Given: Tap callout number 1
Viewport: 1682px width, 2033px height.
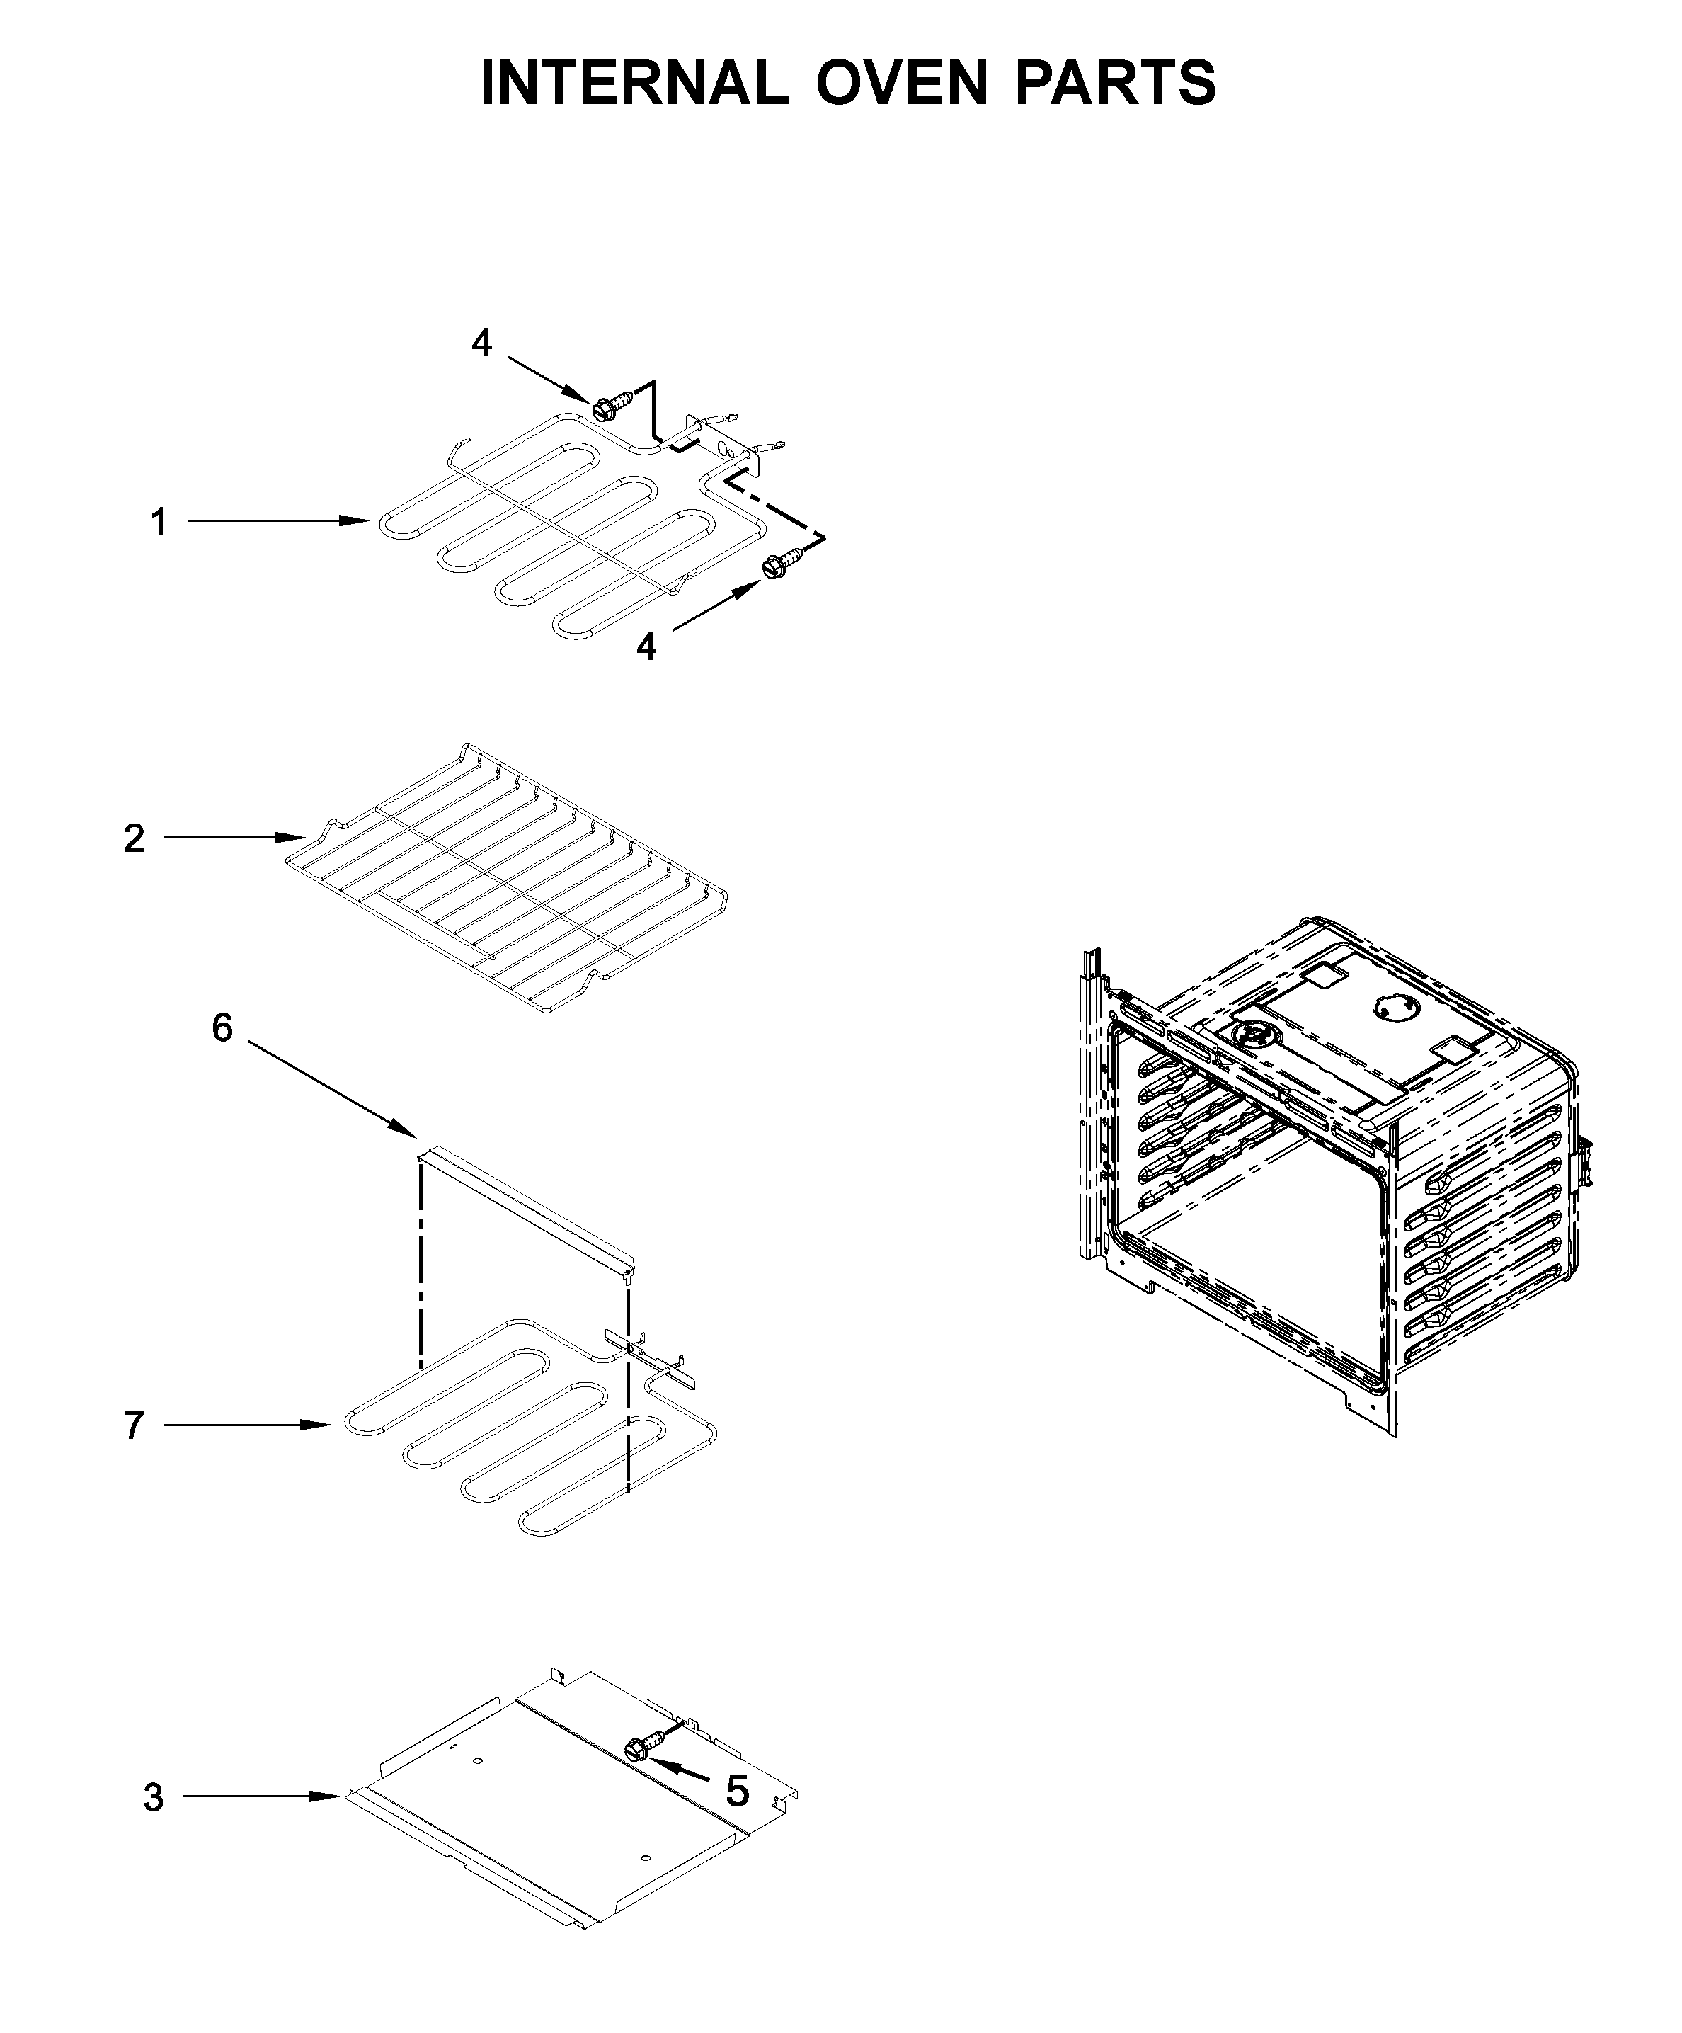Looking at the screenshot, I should point(159,523).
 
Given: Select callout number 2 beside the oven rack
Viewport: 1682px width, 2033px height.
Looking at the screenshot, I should point(135,838).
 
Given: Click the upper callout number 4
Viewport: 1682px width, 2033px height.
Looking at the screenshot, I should point(481,343).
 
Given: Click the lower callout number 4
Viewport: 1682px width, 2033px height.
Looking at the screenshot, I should point(646,646).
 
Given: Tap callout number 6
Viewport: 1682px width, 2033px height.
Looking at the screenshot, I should point(222,1027).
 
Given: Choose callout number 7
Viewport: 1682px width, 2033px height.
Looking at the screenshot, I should point(135,1425).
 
